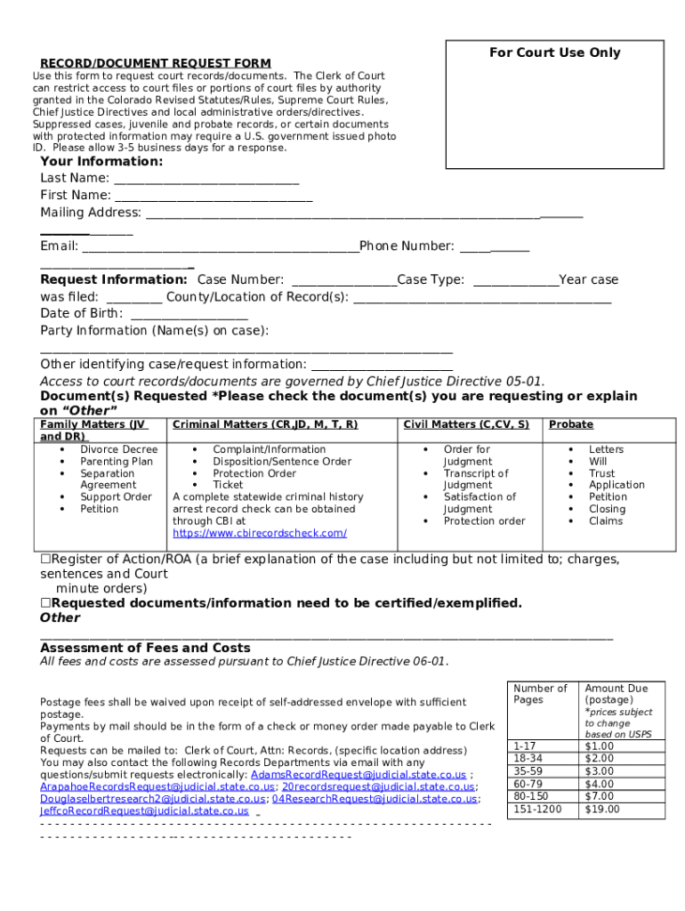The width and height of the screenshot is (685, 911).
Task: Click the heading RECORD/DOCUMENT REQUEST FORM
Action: pyautogui.click(x=155, y=63)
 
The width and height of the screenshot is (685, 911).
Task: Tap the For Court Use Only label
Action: pyautogui.click(x=554, y=52)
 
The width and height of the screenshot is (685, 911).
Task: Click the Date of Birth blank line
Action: pyautogui.click(x=189, y=314)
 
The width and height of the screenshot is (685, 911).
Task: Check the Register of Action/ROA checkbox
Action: pyautogui.click(x=45, y=560)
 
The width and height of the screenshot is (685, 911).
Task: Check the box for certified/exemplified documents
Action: pyautogui.click(x=45, y=603)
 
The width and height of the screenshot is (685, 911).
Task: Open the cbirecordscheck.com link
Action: pyautogui.click(x=260, y=533)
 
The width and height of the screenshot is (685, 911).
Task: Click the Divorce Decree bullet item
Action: pyautogui.click(x=118, y=449)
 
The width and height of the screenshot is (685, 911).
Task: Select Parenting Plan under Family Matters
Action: pyautogui.click(x=117, y=462)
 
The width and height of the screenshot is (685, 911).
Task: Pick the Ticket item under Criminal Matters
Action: pyautogui.click(x=228, y=485)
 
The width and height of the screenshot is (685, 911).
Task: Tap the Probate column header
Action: pyautogui.click(x=571, y=425)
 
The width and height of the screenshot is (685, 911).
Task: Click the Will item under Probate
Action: pyautogui.click(x=598, y=462)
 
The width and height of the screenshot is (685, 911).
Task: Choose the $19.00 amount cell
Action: pyautogui.click(x=602, y=810)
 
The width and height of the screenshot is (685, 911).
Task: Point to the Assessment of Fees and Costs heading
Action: pyautogui.click(x=145, y=648)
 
